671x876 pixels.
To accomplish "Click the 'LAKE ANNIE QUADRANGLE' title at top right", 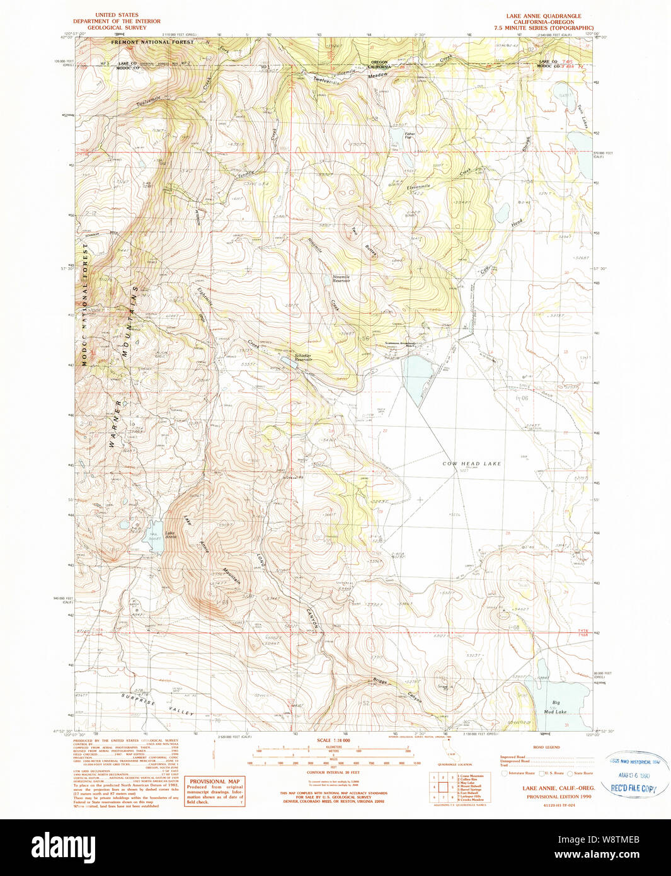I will pos(543,16).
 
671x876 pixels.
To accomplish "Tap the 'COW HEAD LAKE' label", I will pos(471,463).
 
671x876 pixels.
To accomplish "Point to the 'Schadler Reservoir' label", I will pos(304,357).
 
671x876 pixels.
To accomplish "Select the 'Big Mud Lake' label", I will pos(556,706).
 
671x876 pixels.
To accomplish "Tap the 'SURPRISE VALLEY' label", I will pos(158,706).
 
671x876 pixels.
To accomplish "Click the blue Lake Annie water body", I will pos(154,536).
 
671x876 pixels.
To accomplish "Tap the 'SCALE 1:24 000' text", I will pos(333,741).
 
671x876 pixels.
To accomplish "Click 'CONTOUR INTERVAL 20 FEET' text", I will pos(333,772).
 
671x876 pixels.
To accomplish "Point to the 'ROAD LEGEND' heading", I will pos(546,747).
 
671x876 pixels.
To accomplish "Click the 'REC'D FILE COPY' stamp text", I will pos(633,788).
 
